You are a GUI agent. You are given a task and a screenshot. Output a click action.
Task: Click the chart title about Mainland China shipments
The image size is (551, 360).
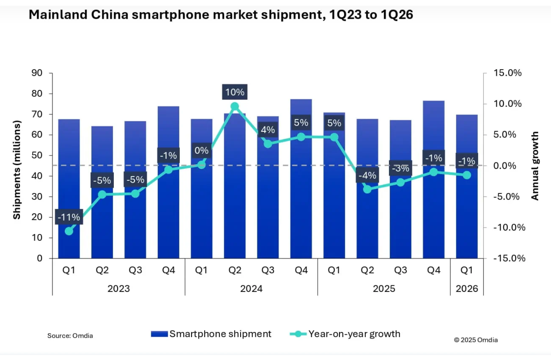221,15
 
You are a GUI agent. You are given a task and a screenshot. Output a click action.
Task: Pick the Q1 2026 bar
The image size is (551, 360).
467,214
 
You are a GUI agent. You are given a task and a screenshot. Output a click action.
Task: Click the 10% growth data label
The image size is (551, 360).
235,92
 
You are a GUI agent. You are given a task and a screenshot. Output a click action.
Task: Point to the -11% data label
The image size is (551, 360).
69,217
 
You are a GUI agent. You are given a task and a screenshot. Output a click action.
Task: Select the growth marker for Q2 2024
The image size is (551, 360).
235,106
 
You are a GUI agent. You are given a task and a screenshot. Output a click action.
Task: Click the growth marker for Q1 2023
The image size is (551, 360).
69,231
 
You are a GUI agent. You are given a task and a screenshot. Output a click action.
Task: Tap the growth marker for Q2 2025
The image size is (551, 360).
367,189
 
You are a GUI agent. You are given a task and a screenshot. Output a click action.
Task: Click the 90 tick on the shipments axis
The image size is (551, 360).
37,73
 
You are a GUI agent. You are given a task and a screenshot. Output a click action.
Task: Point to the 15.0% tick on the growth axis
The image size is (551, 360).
507,73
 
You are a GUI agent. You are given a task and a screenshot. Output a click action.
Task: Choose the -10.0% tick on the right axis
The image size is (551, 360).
508,227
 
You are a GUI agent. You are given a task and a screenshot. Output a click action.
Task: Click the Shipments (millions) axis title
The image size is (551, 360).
16,170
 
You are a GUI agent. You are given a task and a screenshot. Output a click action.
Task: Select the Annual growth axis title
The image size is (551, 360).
535,166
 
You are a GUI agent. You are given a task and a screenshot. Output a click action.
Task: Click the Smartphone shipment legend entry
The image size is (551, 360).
212,334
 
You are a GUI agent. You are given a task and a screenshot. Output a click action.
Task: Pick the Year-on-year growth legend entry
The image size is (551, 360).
345,334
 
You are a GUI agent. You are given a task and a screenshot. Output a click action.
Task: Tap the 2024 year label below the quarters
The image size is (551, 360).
251,289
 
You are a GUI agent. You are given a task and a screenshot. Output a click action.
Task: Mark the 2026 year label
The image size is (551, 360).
467,289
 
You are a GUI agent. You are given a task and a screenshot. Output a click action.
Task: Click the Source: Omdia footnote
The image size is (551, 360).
70,336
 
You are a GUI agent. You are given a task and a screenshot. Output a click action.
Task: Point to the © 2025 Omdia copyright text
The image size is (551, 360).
476,340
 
